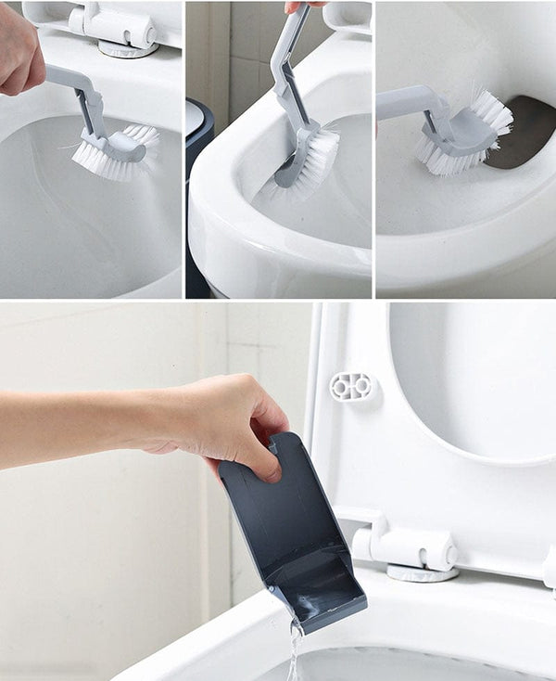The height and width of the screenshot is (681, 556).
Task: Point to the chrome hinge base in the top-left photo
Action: (129, 48)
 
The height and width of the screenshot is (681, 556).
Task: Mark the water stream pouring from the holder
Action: (296, 649)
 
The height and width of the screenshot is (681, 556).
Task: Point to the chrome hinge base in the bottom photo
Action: (422, 572)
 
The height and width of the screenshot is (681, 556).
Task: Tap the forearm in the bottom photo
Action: (74, 427)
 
